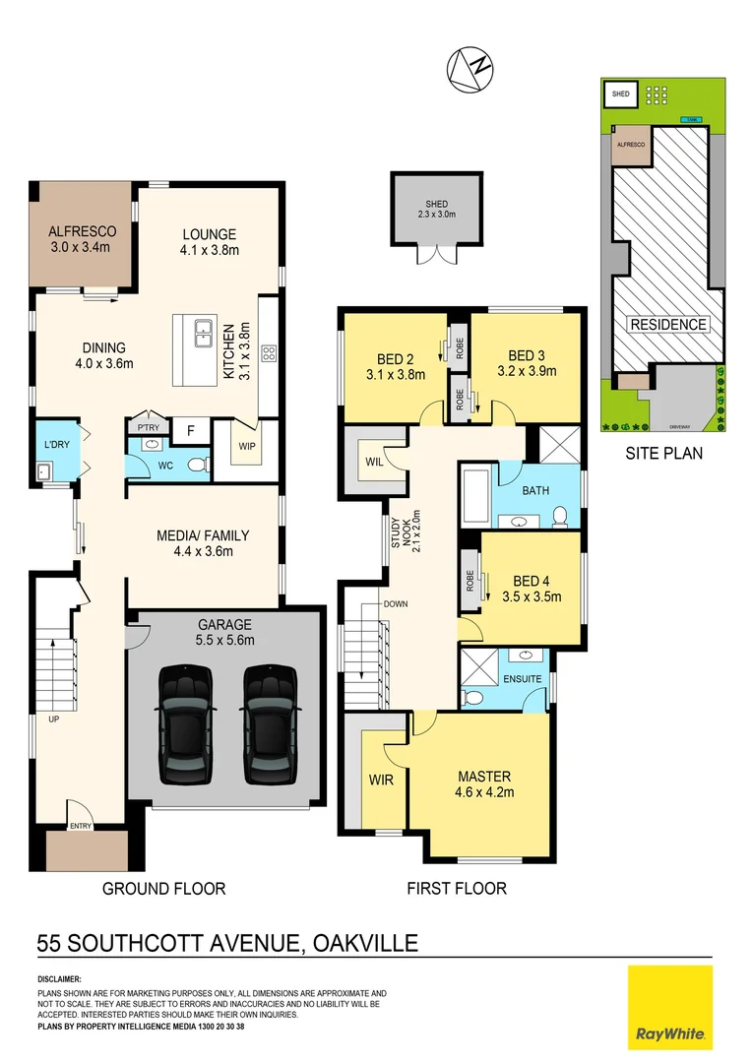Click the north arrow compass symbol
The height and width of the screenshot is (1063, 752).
(469, 68)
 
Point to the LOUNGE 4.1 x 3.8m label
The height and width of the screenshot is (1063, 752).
(209, 242)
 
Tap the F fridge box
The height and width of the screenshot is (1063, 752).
(190, 430)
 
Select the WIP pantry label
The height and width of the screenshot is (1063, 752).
(246, 445)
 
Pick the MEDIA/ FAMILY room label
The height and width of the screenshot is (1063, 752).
(203, 543)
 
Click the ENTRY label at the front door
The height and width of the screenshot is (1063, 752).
(80, 826)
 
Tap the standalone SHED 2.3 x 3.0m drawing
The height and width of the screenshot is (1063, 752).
(436, 210)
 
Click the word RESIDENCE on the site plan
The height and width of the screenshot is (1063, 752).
(667, 324)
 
